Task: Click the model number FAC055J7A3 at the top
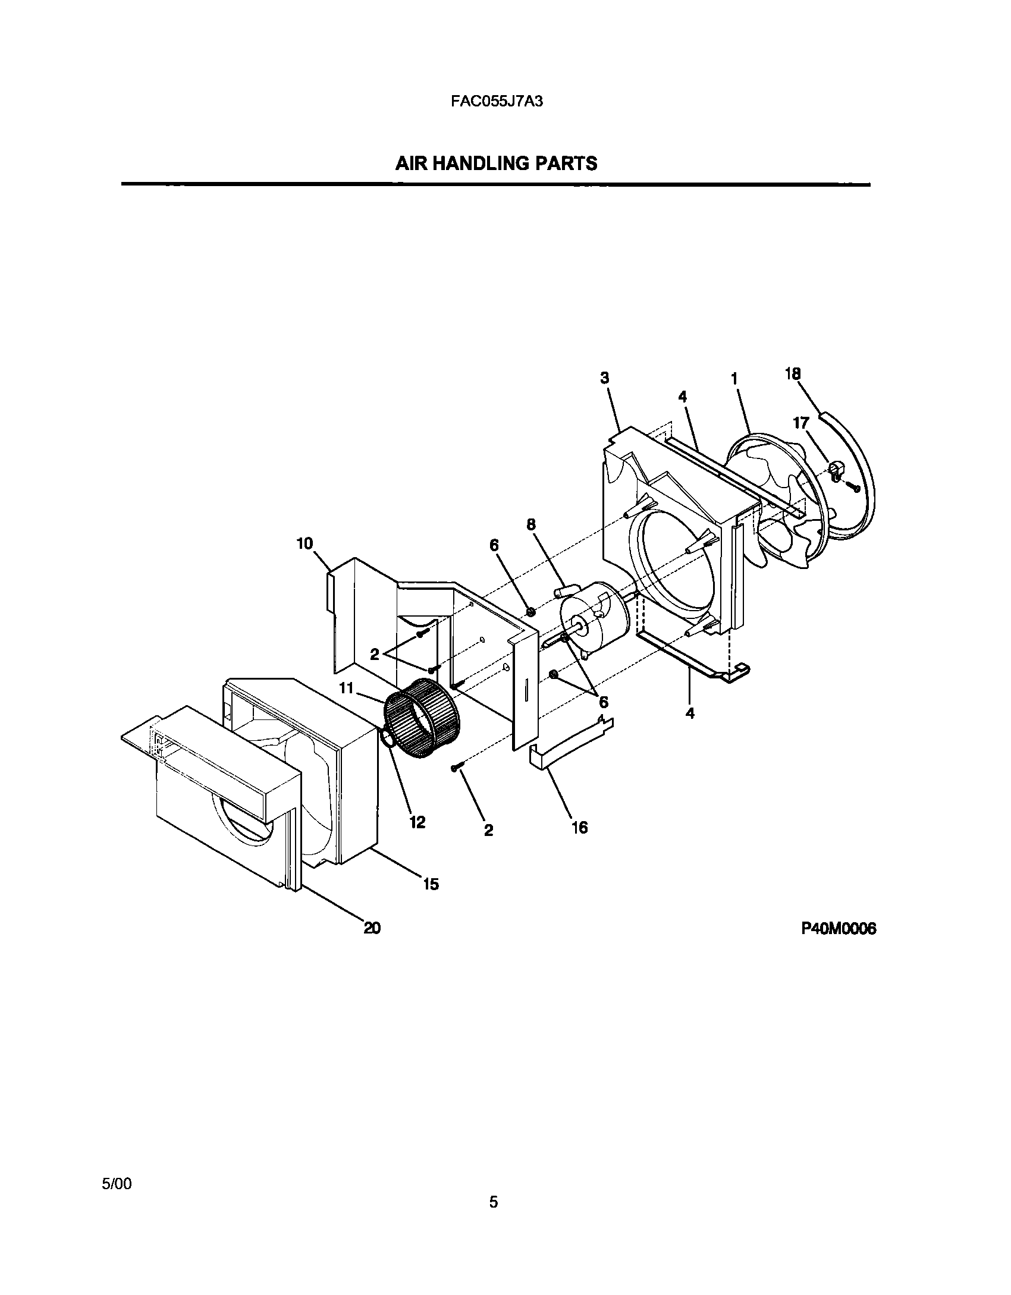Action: [x=497, y=101]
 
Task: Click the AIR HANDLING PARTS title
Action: [x=496, y=163]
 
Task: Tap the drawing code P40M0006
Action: [x=839, y=929]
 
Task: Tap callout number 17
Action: [x=801, y=423]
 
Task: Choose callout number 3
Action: [x=605, y=378]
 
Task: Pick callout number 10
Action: [x=304, y=543]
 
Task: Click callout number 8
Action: [x=530, y=524]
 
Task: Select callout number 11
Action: [x=346, y=689]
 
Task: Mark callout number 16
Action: [x=579, y=827]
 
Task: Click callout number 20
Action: [x=372, y=928]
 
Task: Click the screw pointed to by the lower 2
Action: [x=456, y=769]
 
